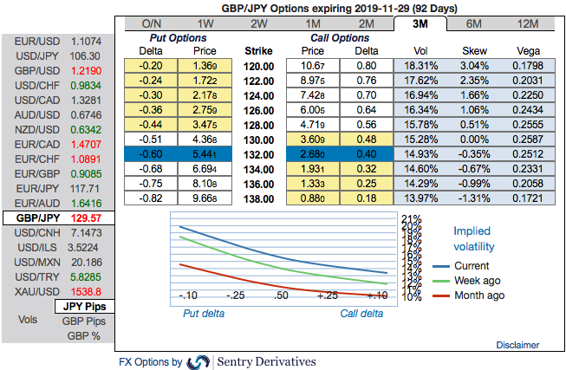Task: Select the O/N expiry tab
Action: (x=151, y=23)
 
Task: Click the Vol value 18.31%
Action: (x=422, y=65)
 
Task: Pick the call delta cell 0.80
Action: (x=366, y=65)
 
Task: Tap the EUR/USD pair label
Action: (x=34, y=40)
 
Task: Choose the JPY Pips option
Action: (x=84, y=307)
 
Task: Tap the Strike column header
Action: (x=259, y=51)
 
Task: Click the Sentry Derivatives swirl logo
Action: (x=198, y=361)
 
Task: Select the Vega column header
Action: (x=529, y=51)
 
